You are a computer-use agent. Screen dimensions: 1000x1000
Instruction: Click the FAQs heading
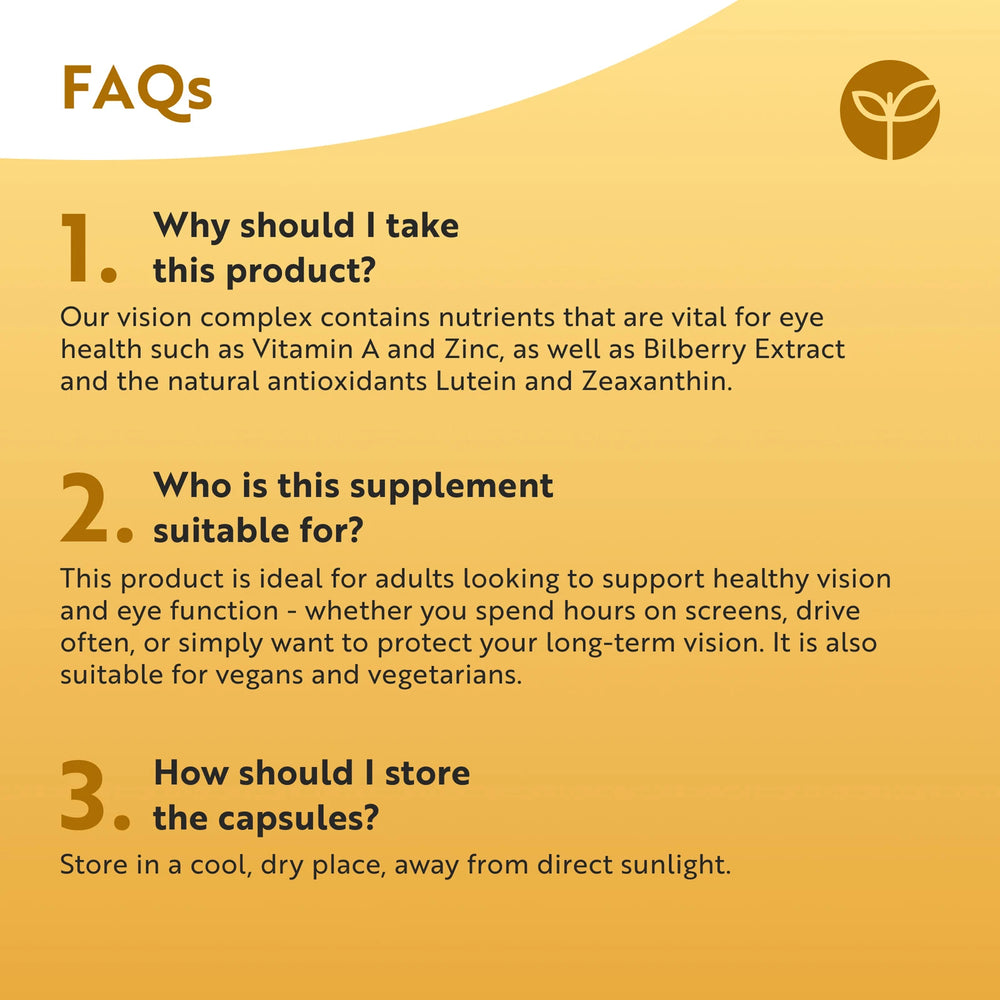pyautogui.click(x=137, y=91)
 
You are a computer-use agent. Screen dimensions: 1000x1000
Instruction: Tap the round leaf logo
pyautogui.click(x=889, y=110)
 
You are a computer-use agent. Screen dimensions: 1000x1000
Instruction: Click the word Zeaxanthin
pyautogui.click(x=657, y=382)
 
